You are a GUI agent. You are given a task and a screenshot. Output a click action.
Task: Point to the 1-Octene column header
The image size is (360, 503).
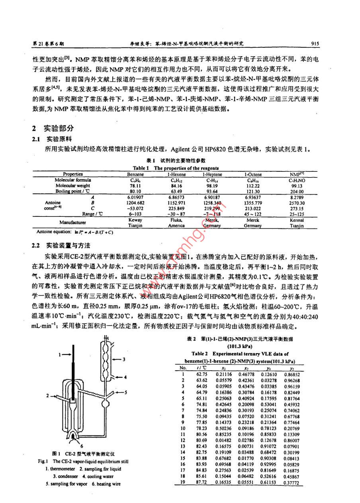click(252, 174)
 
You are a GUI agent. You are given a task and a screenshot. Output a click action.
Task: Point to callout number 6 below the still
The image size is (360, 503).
click(81, 446)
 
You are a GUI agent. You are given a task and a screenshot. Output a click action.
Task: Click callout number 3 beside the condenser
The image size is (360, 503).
click(125, 360)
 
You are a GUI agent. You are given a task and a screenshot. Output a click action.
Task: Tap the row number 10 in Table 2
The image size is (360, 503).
click(183, 428)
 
